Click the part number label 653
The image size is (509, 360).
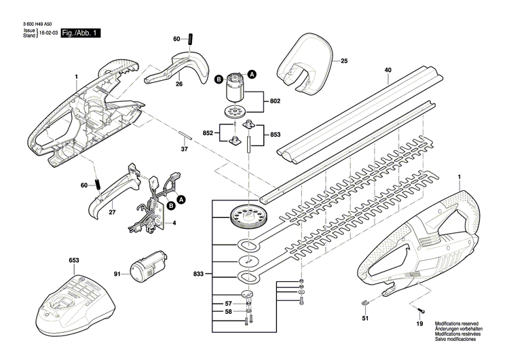coord(73,260)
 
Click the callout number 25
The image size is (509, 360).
coord(343,61)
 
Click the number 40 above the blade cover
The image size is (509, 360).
coord(388,70)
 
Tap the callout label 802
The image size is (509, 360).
coord(274,101)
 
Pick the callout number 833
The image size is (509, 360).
coord(198,274)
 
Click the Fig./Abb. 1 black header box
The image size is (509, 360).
coord(80,33)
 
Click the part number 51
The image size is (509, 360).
coord(364,318)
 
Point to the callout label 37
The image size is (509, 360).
coord(183,148)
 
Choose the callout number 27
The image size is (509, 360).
coord(112,213)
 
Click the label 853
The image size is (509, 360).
coord(275,134)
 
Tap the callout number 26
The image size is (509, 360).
coord(179,84)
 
